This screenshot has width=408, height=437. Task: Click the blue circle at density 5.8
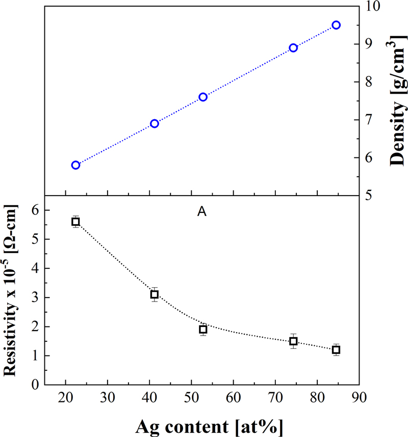pos(75,165)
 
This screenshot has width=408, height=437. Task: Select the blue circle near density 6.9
pos(155,123)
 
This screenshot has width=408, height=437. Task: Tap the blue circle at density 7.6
pos(203,97)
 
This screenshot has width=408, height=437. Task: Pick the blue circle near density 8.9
pos(293,48)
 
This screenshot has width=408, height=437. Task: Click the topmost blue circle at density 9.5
pos(336,25)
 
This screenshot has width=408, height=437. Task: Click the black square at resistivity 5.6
pos(75,222)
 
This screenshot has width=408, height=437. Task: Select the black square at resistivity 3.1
pos(155,294)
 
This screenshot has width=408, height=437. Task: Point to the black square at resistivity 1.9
pos(203,329)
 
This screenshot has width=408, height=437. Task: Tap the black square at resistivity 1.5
pos(293,341)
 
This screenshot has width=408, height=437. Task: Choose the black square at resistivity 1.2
pos(336,350)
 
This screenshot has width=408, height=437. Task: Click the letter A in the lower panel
pos(201,212)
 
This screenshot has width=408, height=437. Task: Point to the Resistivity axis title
pos(12,290)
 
